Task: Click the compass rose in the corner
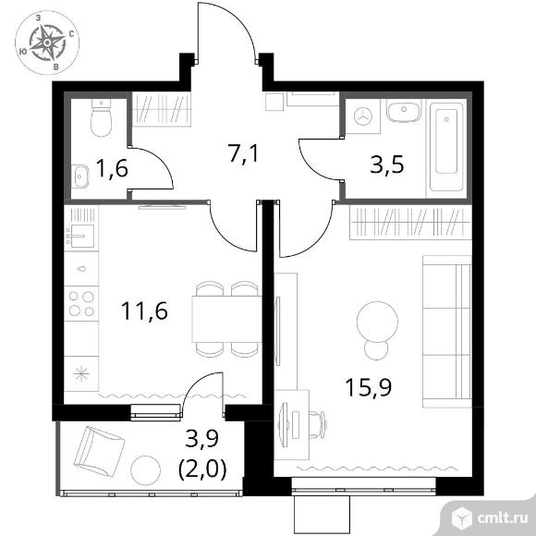47,43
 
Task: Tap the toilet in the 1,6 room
101,117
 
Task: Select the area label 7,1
244,154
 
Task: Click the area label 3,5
387,164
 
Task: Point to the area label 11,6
144,311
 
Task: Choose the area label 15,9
369,387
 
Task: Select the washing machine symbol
362,116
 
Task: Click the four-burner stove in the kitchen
81,303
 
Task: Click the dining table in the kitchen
226,319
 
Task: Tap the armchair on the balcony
99,451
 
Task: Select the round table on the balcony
146,470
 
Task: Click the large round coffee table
377,321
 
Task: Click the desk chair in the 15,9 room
318,424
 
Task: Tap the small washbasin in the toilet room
80,177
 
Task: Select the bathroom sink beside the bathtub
404,110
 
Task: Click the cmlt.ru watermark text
502,518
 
